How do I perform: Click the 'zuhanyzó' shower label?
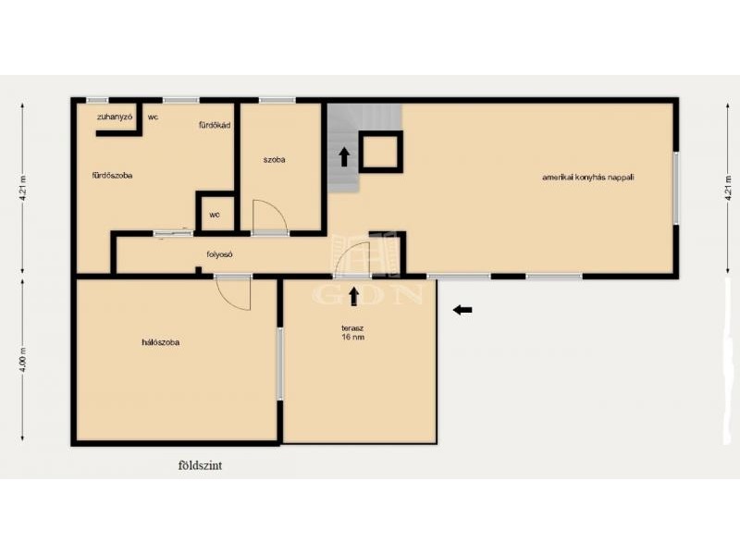(x=115, y=117)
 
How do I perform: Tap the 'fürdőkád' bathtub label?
(x=215, y=125)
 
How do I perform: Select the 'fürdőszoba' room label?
(x=112, y=176)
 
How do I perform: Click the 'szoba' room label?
(x=274, y=159)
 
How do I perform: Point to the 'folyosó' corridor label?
(x=220, y=254)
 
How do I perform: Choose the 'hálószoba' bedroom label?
(x=160, y=342)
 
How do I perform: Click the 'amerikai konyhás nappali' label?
(x=588, y=178)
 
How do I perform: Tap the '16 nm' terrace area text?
(x=353, y=338)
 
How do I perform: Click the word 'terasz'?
(x=352, y=328)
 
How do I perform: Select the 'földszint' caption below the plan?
(x=200, y=465)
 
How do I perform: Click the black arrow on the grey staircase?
(x=344, y=157)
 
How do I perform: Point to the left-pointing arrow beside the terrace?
(x=462, y=310)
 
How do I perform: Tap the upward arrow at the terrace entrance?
(x=353, y=296)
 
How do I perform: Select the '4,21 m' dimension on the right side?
(x=729, y=189)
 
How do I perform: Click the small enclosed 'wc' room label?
(x=215, y=215)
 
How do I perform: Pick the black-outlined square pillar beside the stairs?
(x=381, y=152)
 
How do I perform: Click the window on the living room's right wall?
(x=676, y=188)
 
